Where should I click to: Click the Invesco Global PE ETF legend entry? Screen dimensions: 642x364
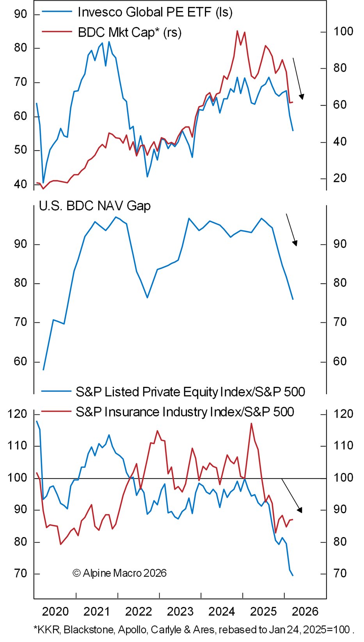155,12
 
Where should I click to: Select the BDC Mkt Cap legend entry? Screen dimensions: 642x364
130,32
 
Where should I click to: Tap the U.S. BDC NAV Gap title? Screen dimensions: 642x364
95,206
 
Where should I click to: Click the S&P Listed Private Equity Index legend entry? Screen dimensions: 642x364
190,391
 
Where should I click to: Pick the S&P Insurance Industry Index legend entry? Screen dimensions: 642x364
185,412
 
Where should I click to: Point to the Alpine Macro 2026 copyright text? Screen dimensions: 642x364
119,573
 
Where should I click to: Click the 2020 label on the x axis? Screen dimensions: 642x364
55,611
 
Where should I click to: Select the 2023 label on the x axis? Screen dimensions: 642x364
180,611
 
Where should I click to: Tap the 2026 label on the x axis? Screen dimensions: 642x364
305,611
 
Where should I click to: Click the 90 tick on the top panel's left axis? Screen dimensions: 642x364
20,14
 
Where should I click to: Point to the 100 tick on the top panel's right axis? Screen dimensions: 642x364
343,32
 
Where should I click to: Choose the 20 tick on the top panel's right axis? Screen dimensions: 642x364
340,178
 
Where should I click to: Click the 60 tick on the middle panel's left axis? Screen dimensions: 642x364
20,361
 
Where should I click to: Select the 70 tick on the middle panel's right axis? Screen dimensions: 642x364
340,322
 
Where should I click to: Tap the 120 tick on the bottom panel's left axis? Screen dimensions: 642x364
17,414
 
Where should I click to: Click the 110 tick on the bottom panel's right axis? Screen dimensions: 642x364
343,446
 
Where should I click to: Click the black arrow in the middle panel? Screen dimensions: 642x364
292,230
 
